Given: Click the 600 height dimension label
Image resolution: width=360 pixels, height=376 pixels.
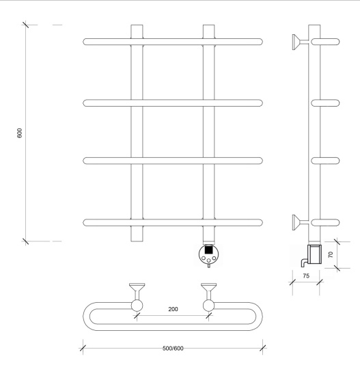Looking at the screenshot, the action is click(19, 133).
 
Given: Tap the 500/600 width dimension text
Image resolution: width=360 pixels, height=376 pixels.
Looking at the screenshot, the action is click(173, 348).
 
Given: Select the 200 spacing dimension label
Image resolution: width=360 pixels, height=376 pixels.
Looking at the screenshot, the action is click(173, 309).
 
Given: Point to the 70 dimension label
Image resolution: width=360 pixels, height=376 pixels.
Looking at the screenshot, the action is click(331, 254).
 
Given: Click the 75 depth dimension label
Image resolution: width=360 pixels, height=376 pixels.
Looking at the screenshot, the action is click(306, 276).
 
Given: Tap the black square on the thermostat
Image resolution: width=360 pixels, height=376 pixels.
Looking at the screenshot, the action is click(209, 250).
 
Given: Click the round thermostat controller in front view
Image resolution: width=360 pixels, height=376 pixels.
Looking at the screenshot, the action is click(209, 254).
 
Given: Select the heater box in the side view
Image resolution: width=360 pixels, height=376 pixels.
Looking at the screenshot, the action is click(314, 254).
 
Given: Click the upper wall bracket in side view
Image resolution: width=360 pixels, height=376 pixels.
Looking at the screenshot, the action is click(300, 42).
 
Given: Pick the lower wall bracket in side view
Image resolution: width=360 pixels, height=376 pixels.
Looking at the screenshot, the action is click(300, 223).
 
